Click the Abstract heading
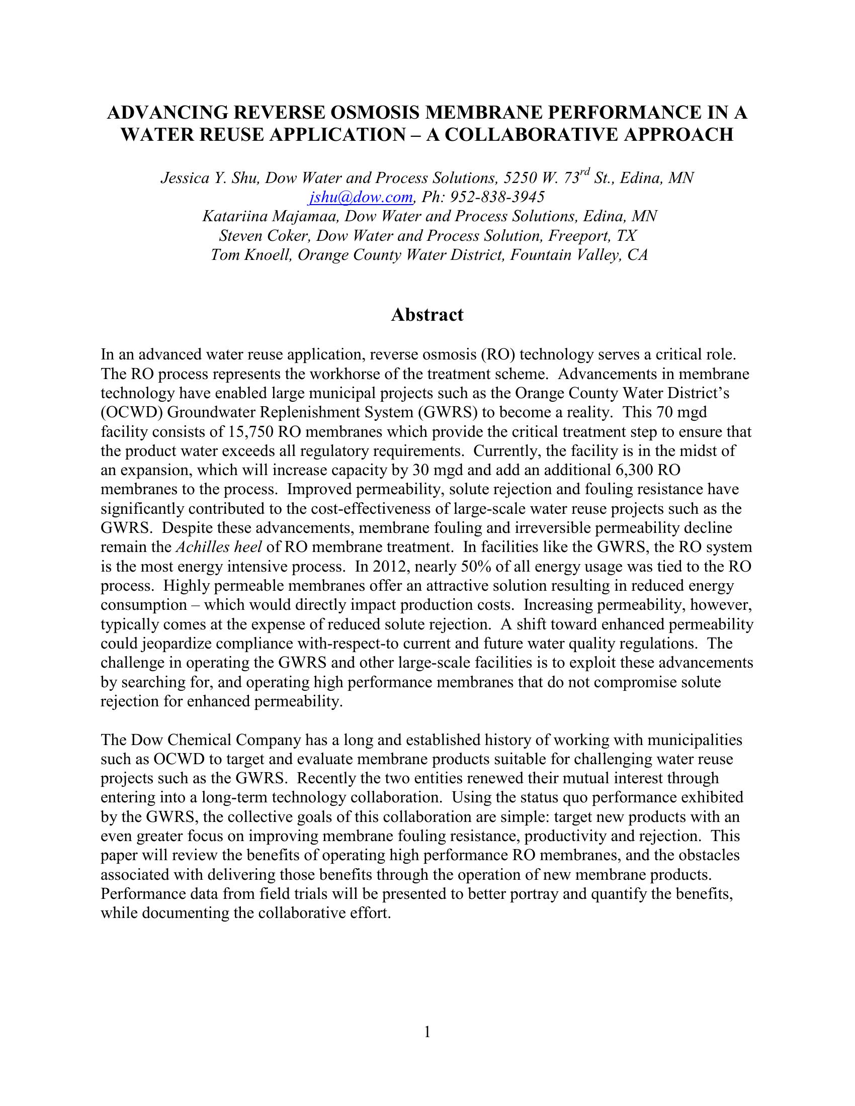(x=427, y=315)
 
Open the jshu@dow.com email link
(x=362, y=197)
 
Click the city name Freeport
(x=578, y=235)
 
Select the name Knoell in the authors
(x=269, y=255)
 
